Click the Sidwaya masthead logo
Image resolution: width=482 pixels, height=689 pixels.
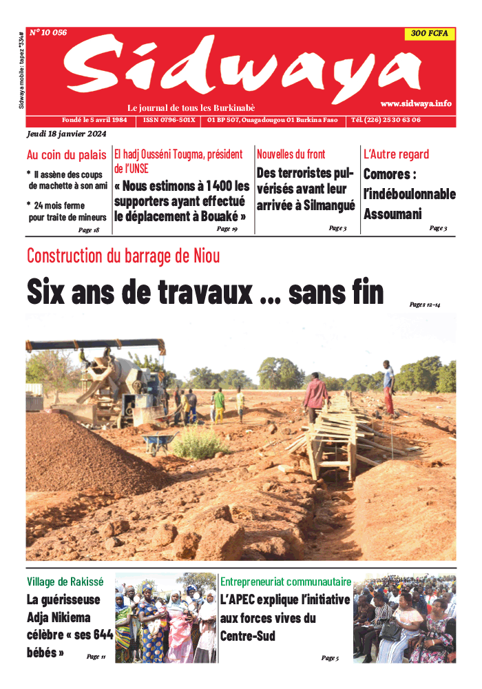(241, 69)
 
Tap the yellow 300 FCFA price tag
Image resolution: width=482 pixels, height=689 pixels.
(429, 34)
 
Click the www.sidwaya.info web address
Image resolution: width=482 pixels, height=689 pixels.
(415, 103)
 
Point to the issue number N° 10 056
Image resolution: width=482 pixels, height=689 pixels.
(48, 32)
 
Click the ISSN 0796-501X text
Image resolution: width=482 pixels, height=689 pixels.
(169, 120)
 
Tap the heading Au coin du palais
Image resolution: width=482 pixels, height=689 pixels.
(66, 155)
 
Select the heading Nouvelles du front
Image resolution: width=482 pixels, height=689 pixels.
(291, 154)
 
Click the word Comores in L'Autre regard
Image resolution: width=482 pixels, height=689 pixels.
(386, 175)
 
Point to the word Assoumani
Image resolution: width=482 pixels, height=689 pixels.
(392, 214)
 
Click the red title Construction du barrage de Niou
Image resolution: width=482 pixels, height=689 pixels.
(123, 256)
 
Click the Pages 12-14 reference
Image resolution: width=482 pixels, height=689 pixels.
(424, 304)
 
